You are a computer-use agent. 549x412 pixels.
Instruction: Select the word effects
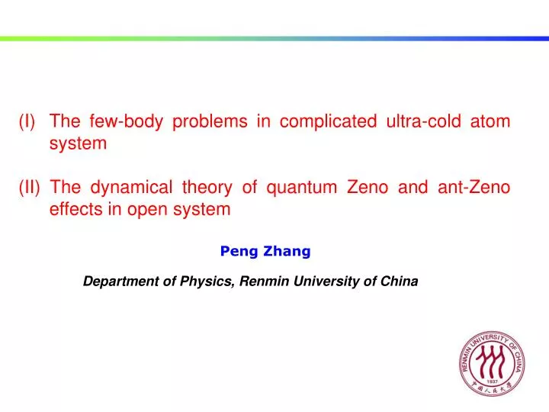pos(75,209)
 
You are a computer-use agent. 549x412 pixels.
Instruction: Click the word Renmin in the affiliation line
pos(262,281)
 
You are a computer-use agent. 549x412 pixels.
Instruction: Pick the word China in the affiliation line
pos(400,281)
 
